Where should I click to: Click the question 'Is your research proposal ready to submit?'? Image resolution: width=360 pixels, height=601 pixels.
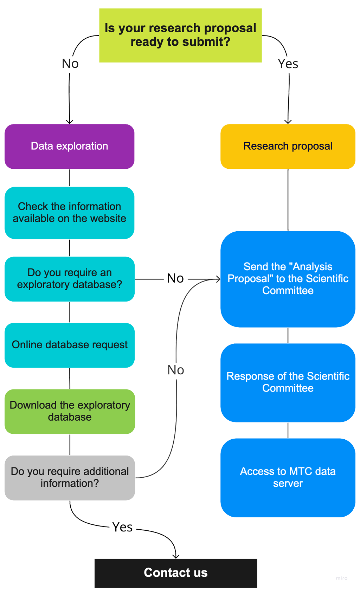pos(180,35)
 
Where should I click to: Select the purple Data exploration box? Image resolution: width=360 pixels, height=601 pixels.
pos(69,146)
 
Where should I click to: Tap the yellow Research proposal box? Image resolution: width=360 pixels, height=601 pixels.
pos(288,146)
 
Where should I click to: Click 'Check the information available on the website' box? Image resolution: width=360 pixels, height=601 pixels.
pos(69,213)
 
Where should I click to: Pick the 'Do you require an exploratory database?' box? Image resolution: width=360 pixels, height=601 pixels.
pos(69,279)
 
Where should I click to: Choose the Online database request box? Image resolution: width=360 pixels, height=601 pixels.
pos(69,345)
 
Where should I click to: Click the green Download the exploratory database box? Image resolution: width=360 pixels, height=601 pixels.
pos(69,411)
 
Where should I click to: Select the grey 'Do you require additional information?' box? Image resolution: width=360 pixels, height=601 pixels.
pos(69,477)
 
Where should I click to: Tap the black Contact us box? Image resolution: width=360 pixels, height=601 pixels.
pos(176,573)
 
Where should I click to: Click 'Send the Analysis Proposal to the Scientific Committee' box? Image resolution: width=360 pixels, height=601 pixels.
pos(288,279)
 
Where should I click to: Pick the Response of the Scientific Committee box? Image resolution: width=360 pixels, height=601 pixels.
pos(288,382)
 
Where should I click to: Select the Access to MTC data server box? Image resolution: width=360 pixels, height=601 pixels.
pos(288,477)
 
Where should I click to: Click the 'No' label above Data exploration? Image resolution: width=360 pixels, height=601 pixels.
pos(70,64)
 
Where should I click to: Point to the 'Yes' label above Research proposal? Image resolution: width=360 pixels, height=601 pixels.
pos(288,64)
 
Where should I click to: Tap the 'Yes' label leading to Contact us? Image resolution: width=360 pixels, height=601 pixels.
pos(122,527)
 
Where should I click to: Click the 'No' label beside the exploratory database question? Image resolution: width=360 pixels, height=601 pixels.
pos(175,279)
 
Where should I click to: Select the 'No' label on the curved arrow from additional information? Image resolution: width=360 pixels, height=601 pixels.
pos(176,370)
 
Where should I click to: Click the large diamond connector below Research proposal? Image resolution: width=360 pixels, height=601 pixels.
pos(288,200)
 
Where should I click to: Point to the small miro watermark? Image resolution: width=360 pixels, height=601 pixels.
pos(341,578)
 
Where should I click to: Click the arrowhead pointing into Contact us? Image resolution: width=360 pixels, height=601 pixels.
pos(176,555)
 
